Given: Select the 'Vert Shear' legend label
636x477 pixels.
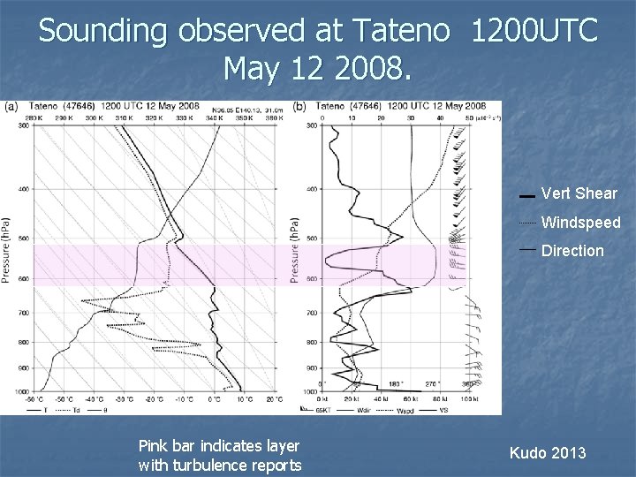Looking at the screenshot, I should pyautogui.click(x=579, y=193).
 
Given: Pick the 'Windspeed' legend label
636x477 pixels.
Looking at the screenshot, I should pyautogui.click(x=580, y=223).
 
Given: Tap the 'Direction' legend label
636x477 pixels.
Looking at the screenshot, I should pyautogui.click(x=572, y=251).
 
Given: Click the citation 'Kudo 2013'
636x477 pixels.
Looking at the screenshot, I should pyautogui.click(x=548, y=453).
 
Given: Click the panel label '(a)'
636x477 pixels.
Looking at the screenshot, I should pyautogui.click(x=11, y=106).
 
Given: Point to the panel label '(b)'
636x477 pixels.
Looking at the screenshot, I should pyautogui.click(x=300, y=106).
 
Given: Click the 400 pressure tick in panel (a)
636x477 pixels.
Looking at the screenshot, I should pyautogui.click(x=23, y=189).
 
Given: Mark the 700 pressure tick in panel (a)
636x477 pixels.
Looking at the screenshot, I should pyautogui.click(x=23, y=314).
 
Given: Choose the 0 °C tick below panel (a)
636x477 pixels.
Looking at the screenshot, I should pyautogui.click(x=215, y=399).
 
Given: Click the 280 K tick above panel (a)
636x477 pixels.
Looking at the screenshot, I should pyautogui.click(x=34, y=117).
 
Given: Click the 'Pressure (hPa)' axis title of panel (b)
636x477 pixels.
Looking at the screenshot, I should pyautogui.click(x=294, y=251).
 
